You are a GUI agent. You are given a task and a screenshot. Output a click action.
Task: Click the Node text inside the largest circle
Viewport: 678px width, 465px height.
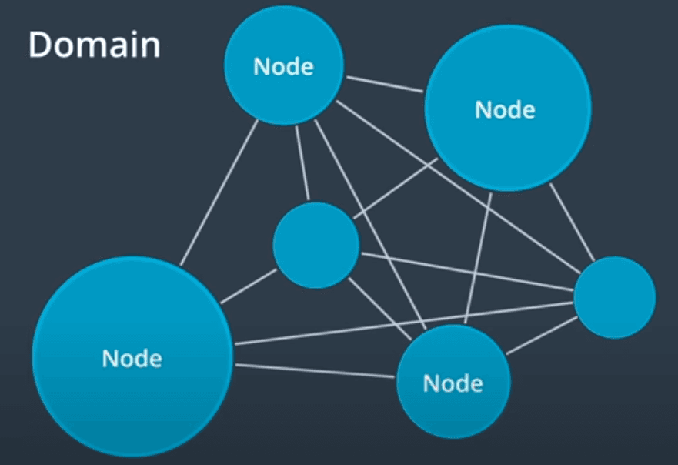[132, 358]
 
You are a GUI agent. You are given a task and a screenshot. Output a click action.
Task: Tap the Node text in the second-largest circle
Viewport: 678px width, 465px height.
[505, 109]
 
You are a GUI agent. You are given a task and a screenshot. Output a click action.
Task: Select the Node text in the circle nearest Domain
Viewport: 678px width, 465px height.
[283, 66]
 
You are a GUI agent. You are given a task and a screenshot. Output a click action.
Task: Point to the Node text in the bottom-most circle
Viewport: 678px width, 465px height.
[453, 382]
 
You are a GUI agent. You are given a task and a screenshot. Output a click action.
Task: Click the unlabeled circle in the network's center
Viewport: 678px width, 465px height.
[316, 245]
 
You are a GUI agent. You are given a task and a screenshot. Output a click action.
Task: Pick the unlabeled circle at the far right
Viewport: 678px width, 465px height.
[614, 297]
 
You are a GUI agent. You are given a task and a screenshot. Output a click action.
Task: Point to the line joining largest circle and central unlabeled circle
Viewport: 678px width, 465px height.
[248, 286]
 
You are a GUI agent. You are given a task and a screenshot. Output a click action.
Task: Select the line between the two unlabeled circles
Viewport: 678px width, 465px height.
[466, 272]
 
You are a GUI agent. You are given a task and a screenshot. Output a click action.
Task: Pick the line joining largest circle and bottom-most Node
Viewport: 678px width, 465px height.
[316, 371]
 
